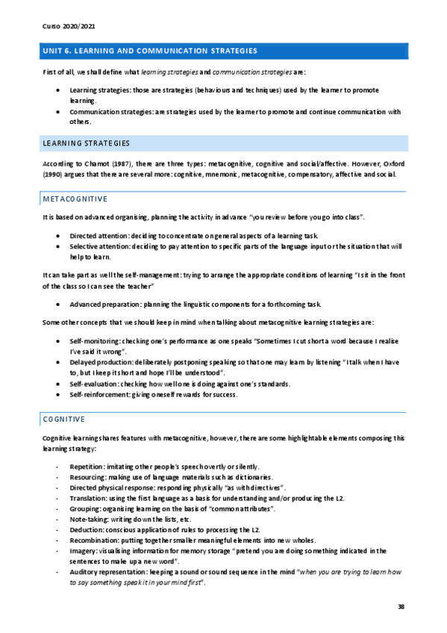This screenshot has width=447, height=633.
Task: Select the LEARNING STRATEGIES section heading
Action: coord(87,143)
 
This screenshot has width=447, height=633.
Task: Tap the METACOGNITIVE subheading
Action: coord(75,199)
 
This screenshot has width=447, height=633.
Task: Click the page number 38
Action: coord(401,607)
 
